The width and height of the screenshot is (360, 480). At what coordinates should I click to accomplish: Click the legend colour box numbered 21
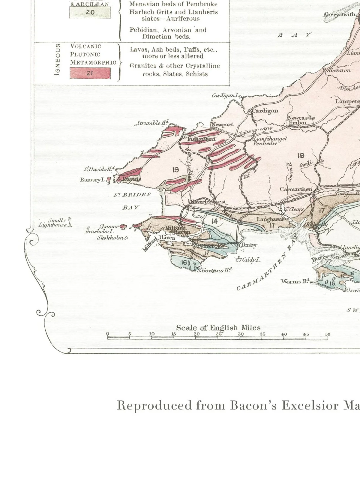(90, 73)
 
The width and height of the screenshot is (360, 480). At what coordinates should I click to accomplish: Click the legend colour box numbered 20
(90, 13)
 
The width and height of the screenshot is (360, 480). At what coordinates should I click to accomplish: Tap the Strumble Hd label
(152, 123)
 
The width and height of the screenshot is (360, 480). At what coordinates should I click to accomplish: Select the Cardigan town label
(265, 111)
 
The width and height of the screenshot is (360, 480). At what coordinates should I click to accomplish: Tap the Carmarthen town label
(296, 189)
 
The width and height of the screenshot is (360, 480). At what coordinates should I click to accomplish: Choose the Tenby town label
(249, 245)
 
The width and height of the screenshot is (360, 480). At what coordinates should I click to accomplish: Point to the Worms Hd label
(295, 281)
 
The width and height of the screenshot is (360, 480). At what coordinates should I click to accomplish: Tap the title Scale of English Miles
(218, 328)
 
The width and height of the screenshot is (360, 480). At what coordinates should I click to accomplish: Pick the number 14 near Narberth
(214, 221)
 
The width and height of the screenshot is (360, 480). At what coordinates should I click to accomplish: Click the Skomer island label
(109, 226)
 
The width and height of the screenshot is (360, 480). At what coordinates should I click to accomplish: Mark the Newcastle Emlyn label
(301, 120)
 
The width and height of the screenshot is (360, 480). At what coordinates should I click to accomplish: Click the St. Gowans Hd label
(214, 271)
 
